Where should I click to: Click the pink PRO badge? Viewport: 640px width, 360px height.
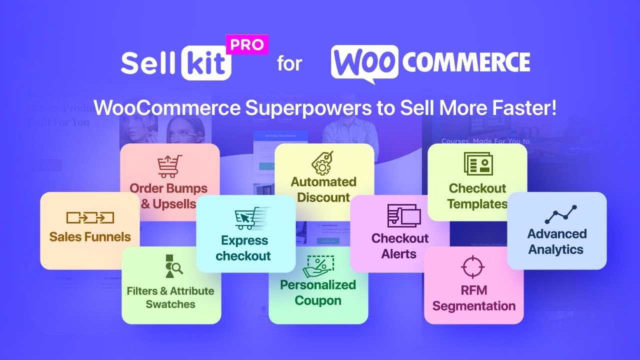(247, 44)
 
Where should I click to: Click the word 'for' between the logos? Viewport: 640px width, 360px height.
(289, 64)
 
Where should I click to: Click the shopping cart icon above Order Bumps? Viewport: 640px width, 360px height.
(169, 166)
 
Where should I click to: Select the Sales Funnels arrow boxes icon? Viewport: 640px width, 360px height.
(90, 217)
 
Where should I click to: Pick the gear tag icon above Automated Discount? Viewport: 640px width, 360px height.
(323, 162)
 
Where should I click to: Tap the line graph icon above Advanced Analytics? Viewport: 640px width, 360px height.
(561, 214)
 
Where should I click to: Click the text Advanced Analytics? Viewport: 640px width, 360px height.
(556, 241)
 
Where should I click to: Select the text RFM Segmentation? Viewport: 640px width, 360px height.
(473, 298)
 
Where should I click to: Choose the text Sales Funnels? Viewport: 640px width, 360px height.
(90, 237)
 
